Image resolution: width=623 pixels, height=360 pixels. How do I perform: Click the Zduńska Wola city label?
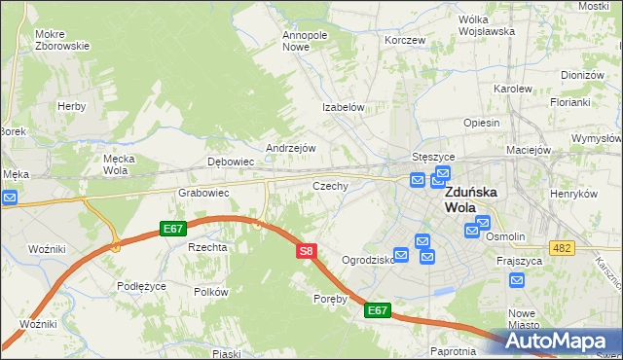tap(471, 199)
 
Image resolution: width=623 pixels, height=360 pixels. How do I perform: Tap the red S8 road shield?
tap(306, 251)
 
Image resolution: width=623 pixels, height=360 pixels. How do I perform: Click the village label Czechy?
tap(330, 185)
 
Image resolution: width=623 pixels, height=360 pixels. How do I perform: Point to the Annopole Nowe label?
tap(305, 40)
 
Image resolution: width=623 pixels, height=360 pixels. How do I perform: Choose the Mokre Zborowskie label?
tap(62, 40)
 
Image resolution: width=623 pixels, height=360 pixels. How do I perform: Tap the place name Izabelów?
tap(344, 108)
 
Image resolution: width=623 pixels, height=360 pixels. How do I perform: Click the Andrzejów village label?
tap(291, 148)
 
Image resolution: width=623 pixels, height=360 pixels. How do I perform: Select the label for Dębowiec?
tap(231, 162)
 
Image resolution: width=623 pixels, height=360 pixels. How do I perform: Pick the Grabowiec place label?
tap(202, 193)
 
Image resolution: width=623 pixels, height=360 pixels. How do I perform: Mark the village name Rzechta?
tap(207, 247)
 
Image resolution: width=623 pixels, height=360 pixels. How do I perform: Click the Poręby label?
tap(331, 299)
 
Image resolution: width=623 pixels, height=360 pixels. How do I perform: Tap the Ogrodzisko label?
tap(368, 260)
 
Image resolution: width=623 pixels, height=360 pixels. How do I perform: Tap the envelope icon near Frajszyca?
tap(517, 280)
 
